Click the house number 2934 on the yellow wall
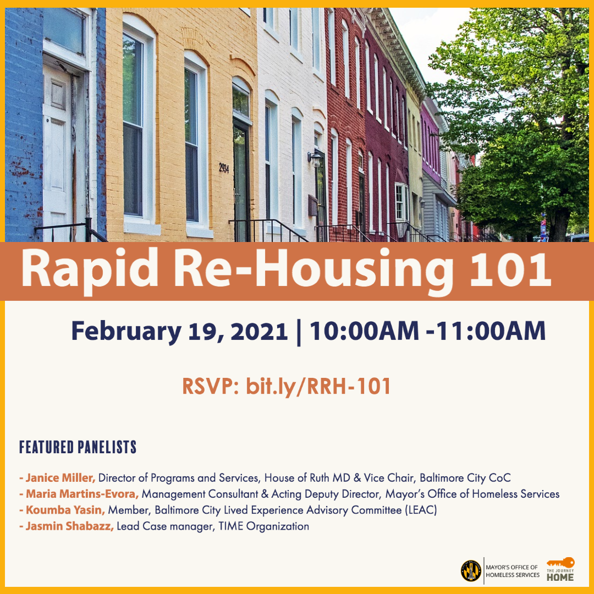click(x=224, y=167)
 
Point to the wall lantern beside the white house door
click(x=315, y=159)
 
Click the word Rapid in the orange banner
click(x=90, y=269)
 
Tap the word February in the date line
click(x=126, y=332)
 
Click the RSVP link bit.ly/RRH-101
click(x=318, y=387)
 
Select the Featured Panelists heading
click(x=78, y=447)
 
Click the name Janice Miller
click(x=61, y=478)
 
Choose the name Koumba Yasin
click(x=65, y=510)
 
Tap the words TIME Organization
click(x=263, y=526)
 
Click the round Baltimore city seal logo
click(x=471, y=571)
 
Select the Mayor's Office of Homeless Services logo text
click(x=513, y=571)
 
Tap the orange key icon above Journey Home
click(x=560, y=563)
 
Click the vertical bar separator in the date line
click(x=299, y=332)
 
